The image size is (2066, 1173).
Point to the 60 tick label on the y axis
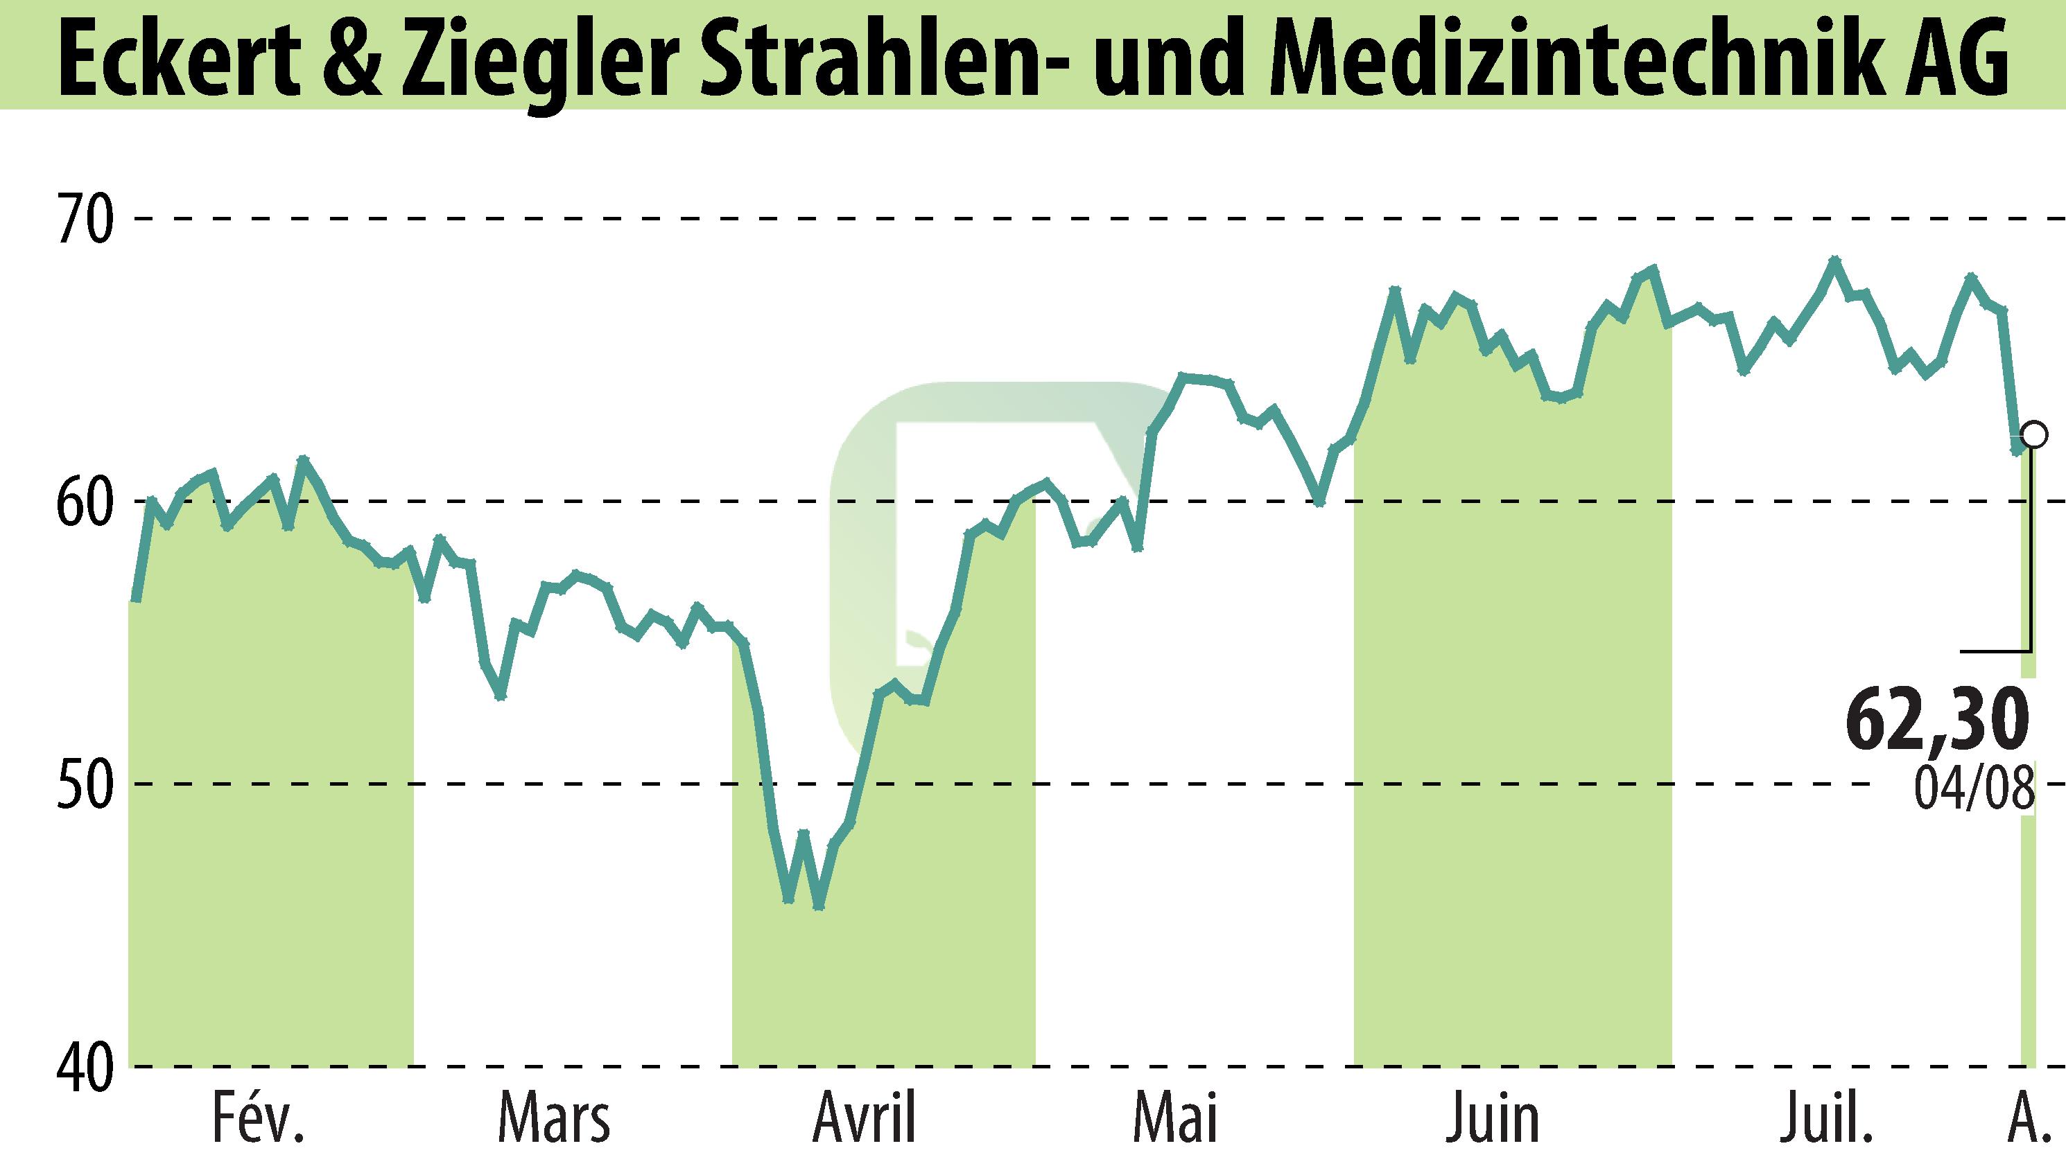pyautogui.click(x=83, y=501)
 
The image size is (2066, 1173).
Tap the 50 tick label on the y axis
pyautogui.click(x=83, y=784)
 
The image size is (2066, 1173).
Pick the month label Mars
pyautogui.click(x=554, y=1119)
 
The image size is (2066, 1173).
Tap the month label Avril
pyautogui.click(x=865, y=1119)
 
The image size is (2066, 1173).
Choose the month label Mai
pyautogui.click(x=1175, y=1119)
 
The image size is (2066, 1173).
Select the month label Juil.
pyautogui.click(x=1828, y=1119)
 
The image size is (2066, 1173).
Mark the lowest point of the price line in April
pyautogui.click(x=819, y=906)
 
